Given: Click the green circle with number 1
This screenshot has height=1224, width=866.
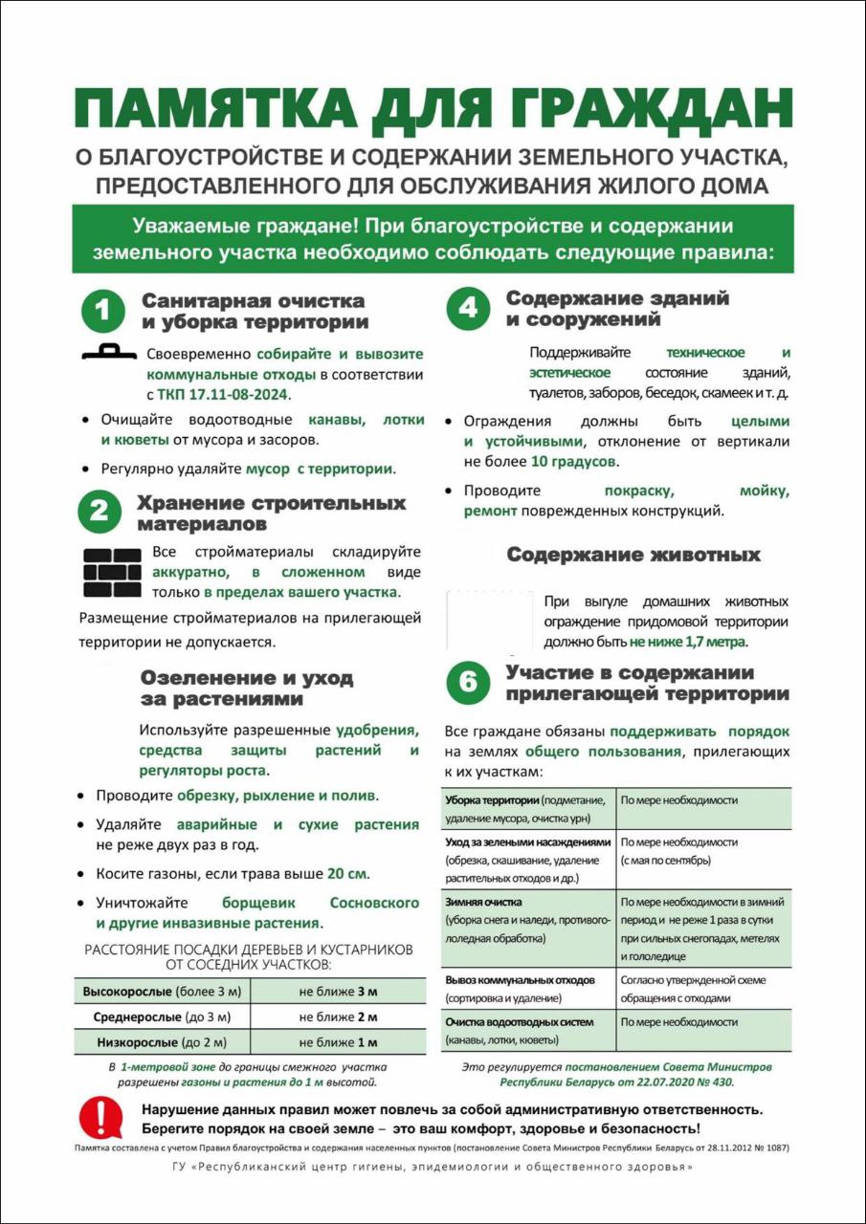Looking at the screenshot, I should click(x=103, y=312).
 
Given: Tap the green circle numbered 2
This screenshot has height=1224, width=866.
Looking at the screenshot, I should click(x=100, y=513).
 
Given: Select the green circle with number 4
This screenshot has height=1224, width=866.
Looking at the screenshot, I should click(x=468, y=308).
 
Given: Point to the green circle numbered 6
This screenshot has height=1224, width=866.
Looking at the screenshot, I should click(x=468, y=682).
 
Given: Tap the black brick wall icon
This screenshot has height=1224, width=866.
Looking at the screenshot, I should click(x=112, y=572).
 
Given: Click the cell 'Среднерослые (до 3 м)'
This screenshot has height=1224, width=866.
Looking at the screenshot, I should click(x=162, y=1016).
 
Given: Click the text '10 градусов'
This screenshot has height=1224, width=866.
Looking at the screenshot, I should click(x=574, y=461).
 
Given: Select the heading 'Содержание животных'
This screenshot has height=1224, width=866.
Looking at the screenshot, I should click(x=633, y=556).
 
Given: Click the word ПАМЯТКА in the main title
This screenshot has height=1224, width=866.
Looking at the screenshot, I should click(x=218, y=110).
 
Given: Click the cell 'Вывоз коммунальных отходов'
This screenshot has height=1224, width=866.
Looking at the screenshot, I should click(x=520, y=980).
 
